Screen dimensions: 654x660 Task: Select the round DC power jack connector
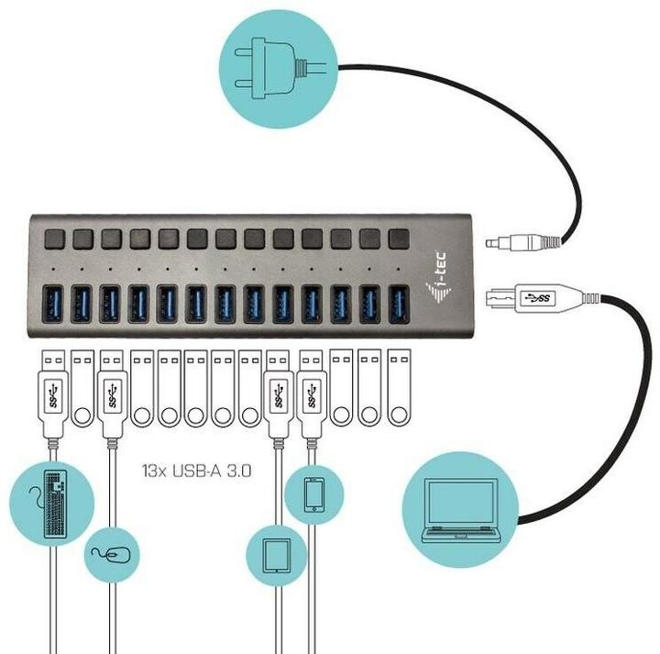pos(518,244)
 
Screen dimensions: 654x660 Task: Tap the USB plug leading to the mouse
pos(113,395)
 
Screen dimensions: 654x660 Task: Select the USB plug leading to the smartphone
pos(311,395)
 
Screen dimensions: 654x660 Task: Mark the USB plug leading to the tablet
pos(277,395)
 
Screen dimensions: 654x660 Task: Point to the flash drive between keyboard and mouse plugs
pos(82,390)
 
